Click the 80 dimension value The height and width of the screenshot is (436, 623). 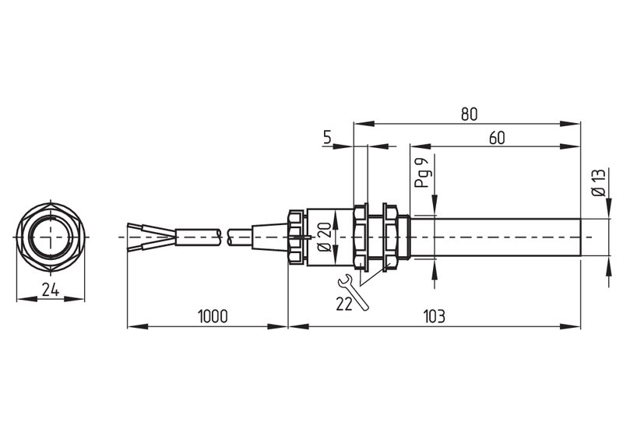tap(469, 114)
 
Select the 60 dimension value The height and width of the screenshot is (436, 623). tap(497, 138)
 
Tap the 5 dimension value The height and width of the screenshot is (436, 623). tap(327, 137)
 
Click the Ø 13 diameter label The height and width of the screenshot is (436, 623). tap(599, 182)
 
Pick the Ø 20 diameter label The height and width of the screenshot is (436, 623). tap(325, 237)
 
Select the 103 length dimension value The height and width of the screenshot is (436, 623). tap(435, 316)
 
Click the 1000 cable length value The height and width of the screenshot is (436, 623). tap(213, 316)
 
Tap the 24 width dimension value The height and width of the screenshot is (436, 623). tap(51, 290)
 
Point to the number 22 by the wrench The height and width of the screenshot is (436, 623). tap(344, 304)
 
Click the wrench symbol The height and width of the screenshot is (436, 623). tap(353, 292)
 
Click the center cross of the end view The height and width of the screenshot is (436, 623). tap(51, 237)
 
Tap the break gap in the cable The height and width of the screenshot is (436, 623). tap(224, 237)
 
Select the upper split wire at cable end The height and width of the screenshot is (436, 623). tap(151, 230)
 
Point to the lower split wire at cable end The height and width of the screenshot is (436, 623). tap(151, 244)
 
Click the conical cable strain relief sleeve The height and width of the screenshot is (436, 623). tap(269, 237)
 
